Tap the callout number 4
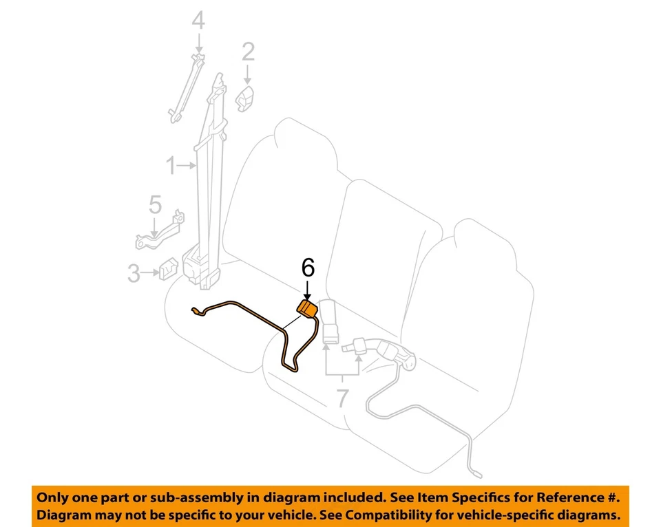198,22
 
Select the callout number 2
248,52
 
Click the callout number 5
156,204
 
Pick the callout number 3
134,275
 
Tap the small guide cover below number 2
246,98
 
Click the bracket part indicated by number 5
160,232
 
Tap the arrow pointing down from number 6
308,289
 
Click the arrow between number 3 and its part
150,275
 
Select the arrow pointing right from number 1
187,166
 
